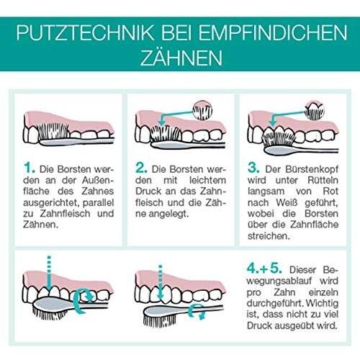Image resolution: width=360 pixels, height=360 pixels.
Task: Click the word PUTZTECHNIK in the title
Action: pyautogui.click(x=85, y=32)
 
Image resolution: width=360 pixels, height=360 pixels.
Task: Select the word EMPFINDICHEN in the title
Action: pyautogui.click(x=273, y=32)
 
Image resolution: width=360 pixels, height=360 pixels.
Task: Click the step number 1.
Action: pyautogui.click(x=30, y=168)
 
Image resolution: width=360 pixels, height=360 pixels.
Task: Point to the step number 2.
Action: pyautogui.click(x=141, y=168)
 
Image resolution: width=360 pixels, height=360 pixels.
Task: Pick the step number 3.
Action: pyautogui.click(x=253, y=168)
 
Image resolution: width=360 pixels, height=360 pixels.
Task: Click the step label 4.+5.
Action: pyautogui.click(x=264, y=268)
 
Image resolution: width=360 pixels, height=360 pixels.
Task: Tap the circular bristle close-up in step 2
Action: pyautogui.click(x=203, y=110)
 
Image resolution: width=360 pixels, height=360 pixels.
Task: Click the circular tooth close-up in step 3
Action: pyautogui.click(x=315, y=110)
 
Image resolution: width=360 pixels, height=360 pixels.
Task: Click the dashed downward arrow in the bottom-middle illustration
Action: pyautogui.click(x=161, y=282)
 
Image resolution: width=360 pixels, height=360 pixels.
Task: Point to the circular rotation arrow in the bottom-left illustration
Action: pyautogui.click(x=83, y=301)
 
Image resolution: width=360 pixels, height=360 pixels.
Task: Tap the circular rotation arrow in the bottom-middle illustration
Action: pyautogui.click(x=197, y=311)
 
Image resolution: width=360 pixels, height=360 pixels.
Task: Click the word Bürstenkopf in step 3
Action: pyautogui.click(x=312, y=169)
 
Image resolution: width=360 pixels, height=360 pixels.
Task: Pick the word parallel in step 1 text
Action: pyautogui.click(x=98, y=203)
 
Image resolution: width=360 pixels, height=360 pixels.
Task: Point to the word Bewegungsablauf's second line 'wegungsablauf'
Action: pyautogui.click(x=276, y=282)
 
